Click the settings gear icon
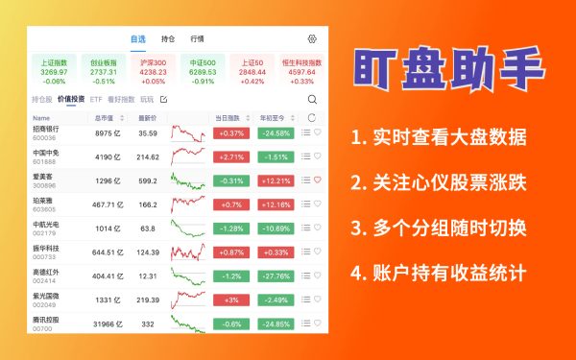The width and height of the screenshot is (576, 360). [312, 39]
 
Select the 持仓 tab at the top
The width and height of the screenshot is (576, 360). [169, 39]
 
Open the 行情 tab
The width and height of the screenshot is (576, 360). [198, 39]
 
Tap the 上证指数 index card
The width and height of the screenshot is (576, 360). [55, 70]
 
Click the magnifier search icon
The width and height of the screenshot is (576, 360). [312, 99]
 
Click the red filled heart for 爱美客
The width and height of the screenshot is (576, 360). [318, 180]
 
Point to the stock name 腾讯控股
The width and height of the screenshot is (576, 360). [46, 320]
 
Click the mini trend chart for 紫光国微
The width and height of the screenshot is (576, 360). [188, 300]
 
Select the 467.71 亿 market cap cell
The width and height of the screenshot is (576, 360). [104, 204]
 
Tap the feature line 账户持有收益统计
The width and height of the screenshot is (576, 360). [439, 274]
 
